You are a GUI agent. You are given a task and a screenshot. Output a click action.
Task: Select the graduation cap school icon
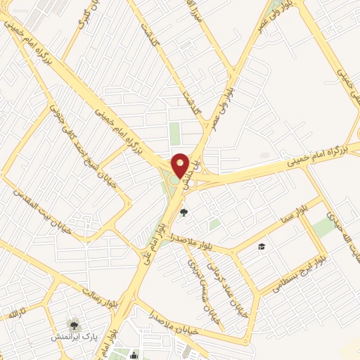[x=262, y=246]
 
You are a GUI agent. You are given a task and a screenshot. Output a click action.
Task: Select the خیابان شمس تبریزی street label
[x=195, y=271]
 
